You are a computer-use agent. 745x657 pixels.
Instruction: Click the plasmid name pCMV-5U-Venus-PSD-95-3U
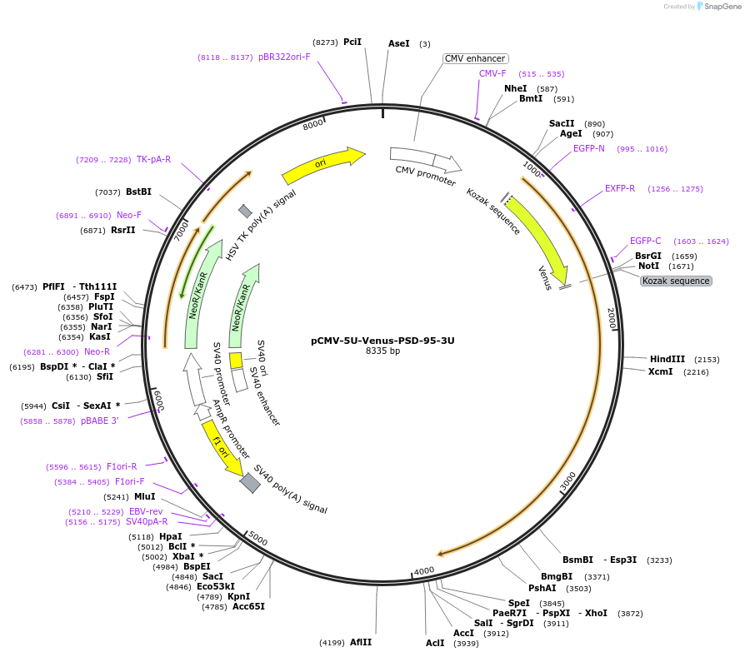pos(382,340)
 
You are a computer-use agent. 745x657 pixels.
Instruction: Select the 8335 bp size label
pos(382,351)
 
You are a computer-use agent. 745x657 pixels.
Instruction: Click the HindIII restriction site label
pos(667,359)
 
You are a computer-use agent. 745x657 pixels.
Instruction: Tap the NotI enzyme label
pos(648,266)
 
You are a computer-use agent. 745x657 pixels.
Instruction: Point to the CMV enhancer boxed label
pos(475,58)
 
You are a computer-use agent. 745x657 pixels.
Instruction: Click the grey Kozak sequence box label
pos(676,281)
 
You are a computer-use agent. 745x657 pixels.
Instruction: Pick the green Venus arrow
pos(537,241)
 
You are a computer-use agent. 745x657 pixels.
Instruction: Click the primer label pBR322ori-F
pos(284,57)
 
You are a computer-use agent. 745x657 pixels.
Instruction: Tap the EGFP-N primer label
pos(589,148)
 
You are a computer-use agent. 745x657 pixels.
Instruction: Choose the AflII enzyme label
pos(361,642)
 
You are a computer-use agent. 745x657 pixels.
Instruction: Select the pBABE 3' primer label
pos(100,421)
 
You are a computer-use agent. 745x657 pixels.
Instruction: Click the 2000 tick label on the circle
pos(611,316)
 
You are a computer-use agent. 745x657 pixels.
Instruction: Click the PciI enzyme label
pos(352,42)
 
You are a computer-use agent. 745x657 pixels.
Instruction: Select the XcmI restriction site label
pos(660,371)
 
